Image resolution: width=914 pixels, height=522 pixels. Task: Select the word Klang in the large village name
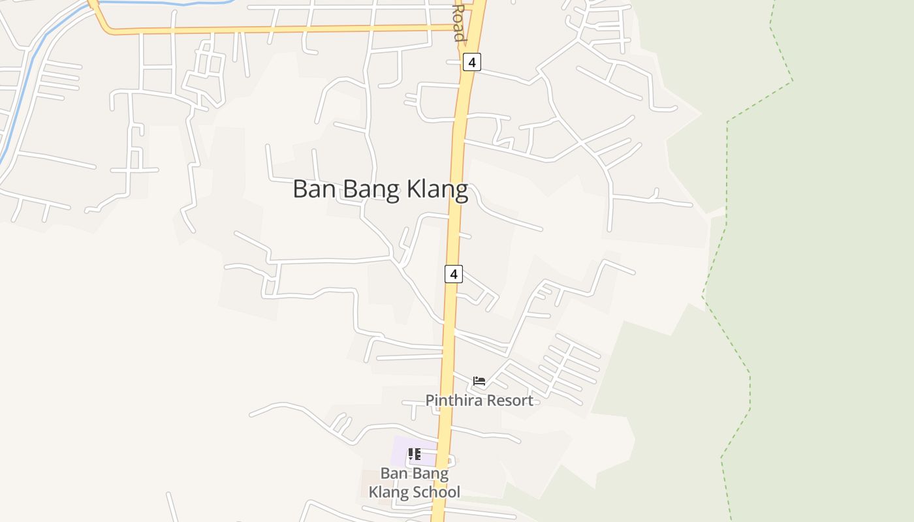click(437, 189)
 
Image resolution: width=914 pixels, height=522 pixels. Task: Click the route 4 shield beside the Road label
click(472, 63)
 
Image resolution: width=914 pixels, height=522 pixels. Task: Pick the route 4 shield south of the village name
click(454, 274)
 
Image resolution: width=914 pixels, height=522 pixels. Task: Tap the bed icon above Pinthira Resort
click(479, 381)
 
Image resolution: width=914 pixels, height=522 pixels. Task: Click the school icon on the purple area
click(414, 453)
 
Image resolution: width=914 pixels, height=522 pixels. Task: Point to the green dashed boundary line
click(727, 163)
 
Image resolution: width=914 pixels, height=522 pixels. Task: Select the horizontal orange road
click(281, 29)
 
